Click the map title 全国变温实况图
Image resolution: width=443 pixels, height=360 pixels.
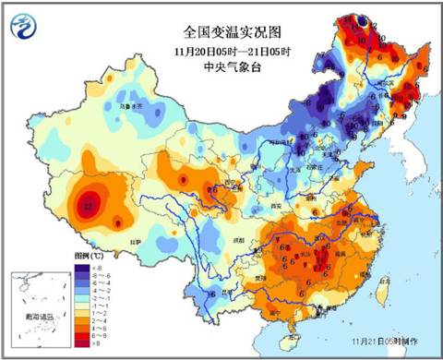coord(221,30)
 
